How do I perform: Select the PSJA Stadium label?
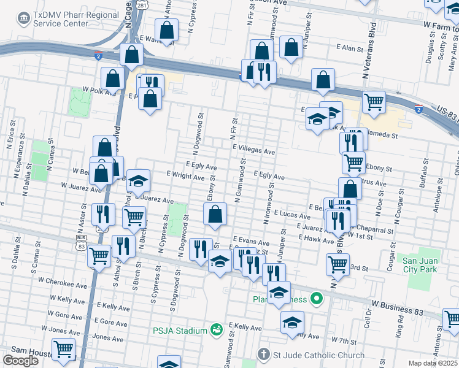pyautogui.click(x=180, y=331)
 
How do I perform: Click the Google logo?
pyautogui.click(x=20, y=360)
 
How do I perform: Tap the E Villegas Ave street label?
pyautogui.click(x=253, y=149)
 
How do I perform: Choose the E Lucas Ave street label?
pyautogui.click(x=291, y=214)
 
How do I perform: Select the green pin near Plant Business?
pyautogui.click(x=317, y=299)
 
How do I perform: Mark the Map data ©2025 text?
pyautogui.click(x=433, y=363)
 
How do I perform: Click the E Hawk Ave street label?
pyautogui.click(x=317, y=241)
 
